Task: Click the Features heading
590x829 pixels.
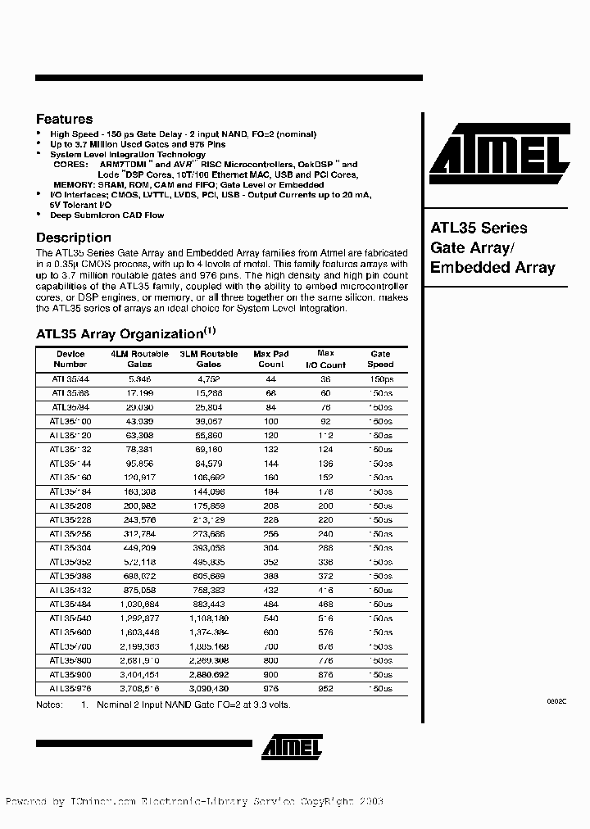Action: pyautogui.click(x=65, y=119)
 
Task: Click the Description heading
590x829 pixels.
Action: pyautogui.click(x=74, y=238)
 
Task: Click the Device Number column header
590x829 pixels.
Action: pyautogui.click(x=70, y=359)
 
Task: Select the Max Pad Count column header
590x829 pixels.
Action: pyautogui.click(x=270, y=359)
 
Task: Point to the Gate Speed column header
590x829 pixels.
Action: pyautogui.click(x=380, y=359)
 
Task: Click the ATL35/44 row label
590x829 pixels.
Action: pyautogui.click(x=70, y=379)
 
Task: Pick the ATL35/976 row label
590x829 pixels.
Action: pyautogui.click(x=70, y=689)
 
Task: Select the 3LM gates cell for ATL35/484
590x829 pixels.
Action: pyautogui.click(x=209, y=604)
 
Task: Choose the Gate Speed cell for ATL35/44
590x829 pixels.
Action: pyautogui.click(x=380, y=379)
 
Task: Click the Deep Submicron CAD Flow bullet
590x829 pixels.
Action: pyautogui.click(x=107, y=215)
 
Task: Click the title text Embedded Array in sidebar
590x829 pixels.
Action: pyautogui.click(x=492, y=267)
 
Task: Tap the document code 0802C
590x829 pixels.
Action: pyautogui.click(x=556, y=702)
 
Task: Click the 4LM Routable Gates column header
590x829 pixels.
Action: pyautogui.click(x=140, y=359)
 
